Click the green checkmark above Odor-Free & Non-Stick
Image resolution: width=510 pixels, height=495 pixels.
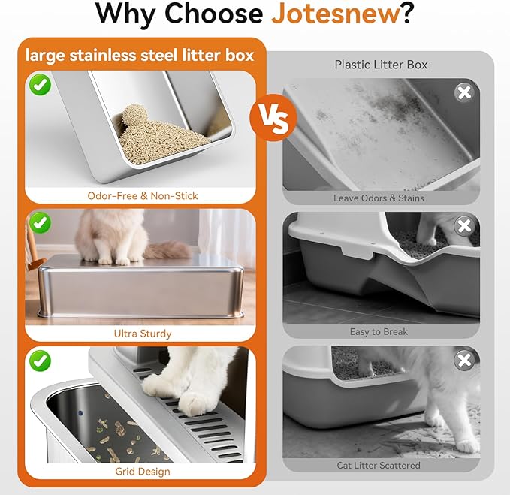click(x=41, y=84)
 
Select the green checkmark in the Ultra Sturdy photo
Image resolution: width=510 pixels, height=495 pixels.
click(x=41, y=223)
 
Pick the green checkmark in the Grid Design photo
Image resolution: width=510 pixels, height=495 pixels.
click(x=41, y=361)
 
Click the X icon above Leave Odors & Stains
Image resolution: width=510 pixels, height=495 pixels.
click(x=464, y=93)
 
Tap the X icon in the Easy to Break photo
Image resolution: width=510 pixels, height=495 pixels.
click(x=464, y=226)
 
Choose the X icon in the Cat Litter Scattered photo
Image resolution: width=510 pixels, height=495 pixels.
click(x=464, y=361)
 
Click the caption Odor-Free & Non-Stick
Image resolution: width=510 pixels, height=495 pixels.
click(x=142, y=195)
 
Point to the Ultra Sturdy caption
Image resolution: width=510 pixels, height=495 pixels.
click(x=143, y=333)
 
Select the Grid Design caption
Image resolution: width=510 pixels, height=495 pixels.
click(x=143, y=471)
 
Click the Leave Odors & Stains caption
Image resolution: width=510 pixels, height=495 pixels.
click(x=379, y=198)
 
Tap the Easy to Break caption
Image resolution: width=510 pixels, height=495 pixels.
click(x=380, y=331)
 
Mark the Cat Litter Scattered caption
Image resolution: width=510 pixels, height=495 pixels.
click(x=380, y=466)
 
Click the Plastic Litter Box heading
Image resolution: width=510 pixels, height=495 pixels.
click(x=381, y=65)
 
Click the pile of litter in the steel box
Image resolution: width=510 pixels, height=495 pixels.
click(x=161, y=130)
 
